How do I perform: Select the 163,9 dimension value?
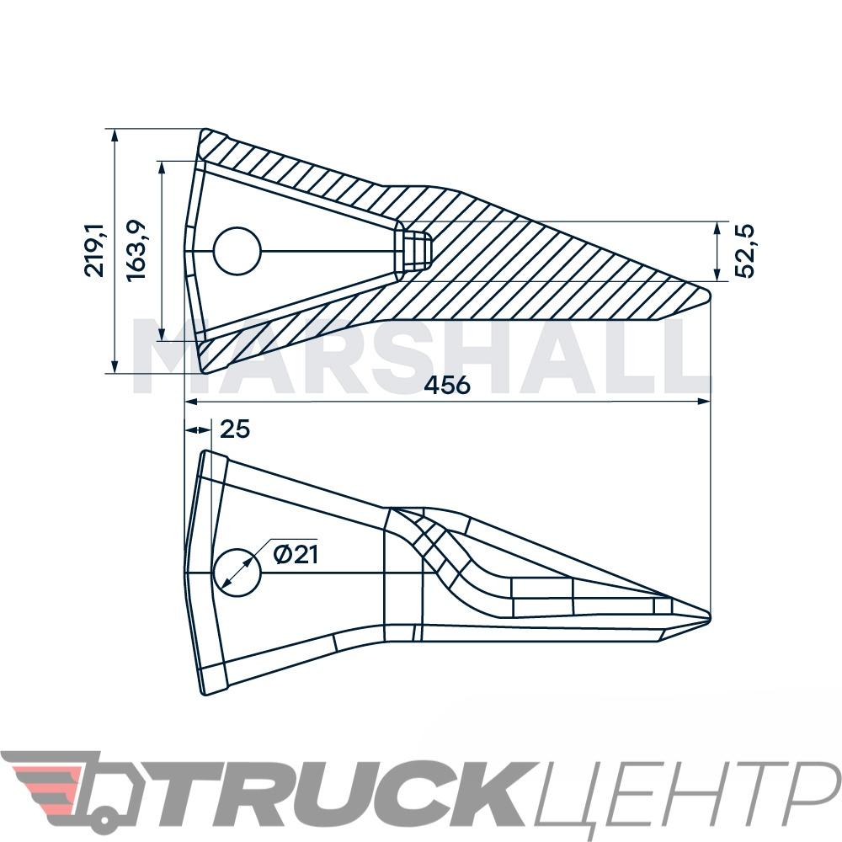pyautogui.click(x=136, y=250)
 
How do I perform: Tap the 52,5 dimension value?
pyautogui.click(x=744, y=251)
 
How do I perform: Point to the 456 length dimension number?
pyautogui.click(x=447, y=385)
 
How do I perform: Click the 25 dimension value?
pyautogui.click(x=235, y=429)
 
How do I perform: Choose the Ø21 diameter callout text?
pyautogui.click(x=296, y=554)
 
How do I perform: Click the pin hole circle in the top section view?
pyautogui.click(x=237, y=251)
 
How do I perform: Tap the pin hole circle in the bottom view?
pyautogui.click(x=237, y=573)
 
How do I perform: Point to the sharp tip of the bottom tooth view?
pyautogui.click(x=710, y=617)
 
